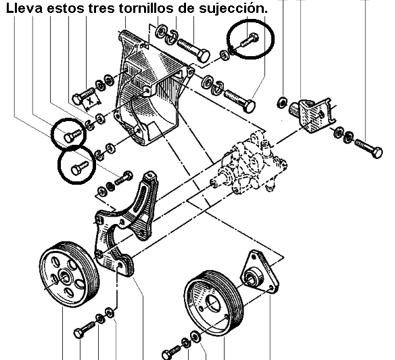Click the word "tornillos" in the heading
(x=146, y=8)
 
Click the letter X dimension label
(x=90, y=101)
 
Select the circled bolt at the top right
(x=250, y=40)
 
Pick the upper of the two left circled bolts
(x=72, y=135)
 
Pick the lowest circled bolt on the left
(x=79, y=168)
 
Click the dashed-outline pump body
(x=250, y=164)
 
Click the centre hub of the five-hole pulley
(x=65, y=278)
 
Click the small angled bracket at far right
(x=312, y=115)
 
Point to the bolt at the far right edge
(x=369, y=148)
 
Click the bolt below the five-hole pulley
(x=84, y=330)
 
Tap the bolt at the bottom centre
(x=171, y=352)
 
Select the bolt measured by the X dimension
(x=83, y=95)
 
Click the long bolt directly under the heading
(x=193, y=50)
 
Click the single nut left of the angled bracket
(x=281, y=102)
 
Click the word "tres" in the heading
(x=102, y=9)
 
